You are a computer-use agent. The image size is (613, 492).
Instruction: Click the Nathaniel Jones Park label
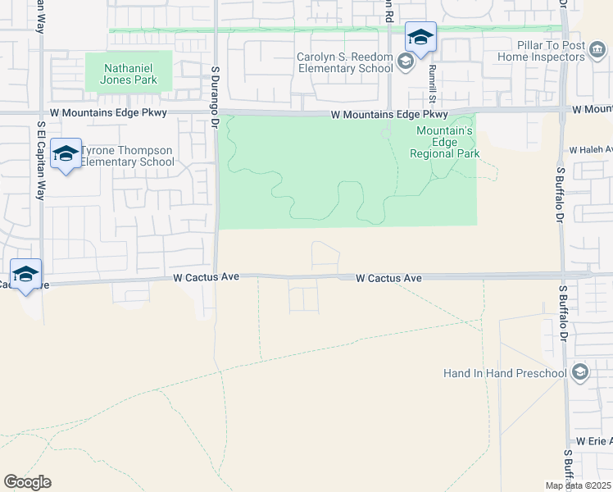click(129, 71)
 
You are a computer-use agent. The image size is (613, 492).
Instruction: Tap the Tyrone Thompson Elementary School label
click(127, 156)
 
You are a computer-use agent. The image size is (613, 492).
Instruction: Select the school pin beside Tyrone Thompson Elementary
click(66, 154)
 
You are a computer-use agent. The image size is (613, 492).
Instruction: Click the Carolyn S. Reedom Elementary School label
click(346, 63)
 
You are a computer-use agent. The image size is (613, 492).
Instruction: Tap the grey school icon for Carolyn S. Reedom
click(404, 61)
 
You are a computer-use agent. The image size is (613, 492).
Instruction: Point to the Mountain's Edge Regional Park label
click(445, 142)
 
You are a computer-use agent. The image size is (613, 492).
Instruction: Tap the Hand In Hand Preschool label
click(505, 373)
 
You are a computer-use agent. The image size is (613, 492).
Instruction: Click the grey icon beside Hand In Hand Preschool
click(580, 373)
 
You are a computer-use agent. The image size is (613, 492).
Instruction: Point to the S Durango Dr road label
click(216, 97)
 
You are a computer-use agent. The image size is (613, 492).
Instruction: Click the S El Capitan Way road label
click(40, 160)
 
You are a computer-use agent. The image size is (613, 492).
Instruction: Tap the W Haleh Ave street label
click(591, 150)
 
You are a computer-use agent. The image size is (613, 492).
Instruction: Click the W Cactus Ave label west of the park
click(206, 278)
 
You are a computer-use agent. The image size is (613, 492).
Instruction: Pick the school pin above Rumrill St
click(420, 38)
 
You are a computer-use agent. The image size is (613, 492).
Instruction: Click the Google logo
click(27, 482)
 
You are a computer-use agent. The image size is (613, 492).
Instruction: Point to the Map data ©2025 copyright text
click(579, 485)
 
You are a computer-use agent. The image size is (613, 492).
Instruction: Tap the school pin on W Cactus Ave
click(26, 275)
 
